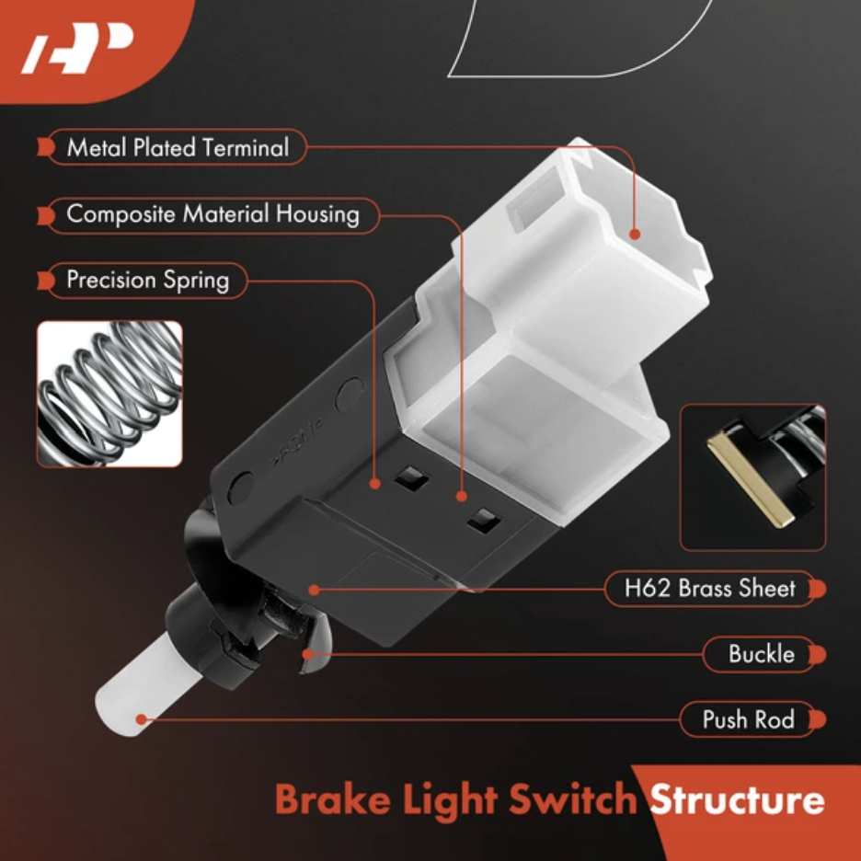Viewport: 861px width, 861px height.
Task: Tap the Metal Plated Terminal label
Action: click(178, 147)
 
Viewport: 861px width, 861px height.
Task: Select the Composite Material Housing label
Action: click(212, 214)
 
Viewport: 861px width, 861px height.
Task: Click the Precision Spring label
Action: click(148, 280)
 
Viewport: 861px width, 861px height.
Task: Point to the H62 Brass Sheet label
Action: click(709, 588)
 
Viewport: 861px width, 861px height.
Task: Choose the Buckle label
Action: click(761, 654)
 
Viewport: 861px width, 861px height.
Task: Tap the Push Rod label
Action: click(749, 719)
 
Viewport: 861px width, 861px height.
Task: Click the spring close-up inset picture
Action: click(109, 395)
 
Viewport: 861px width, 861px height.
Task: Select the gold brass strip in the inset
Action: click(750, 477)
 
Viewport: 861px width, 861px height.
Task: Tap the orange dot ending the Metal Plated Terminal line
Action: click(635, 235)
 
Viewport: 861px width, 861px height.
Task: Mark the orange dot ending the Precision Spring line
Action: click(375, 484)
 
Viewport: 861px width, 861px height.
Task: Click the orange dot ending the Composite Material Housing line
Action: click(461, 497)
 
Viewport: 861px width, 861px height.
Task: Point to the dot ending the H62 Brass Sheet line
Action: click(314, 591)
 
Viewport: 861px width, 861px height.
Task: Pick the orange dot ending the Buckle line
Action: click(308, 654)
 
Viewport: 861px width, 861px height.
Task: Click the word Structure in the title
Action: click(737, 799)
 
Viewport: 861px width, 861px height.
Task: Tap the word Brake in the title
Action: click(333, 799)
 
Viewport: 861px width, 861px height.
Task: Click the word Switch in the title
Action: click(572, 799)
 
